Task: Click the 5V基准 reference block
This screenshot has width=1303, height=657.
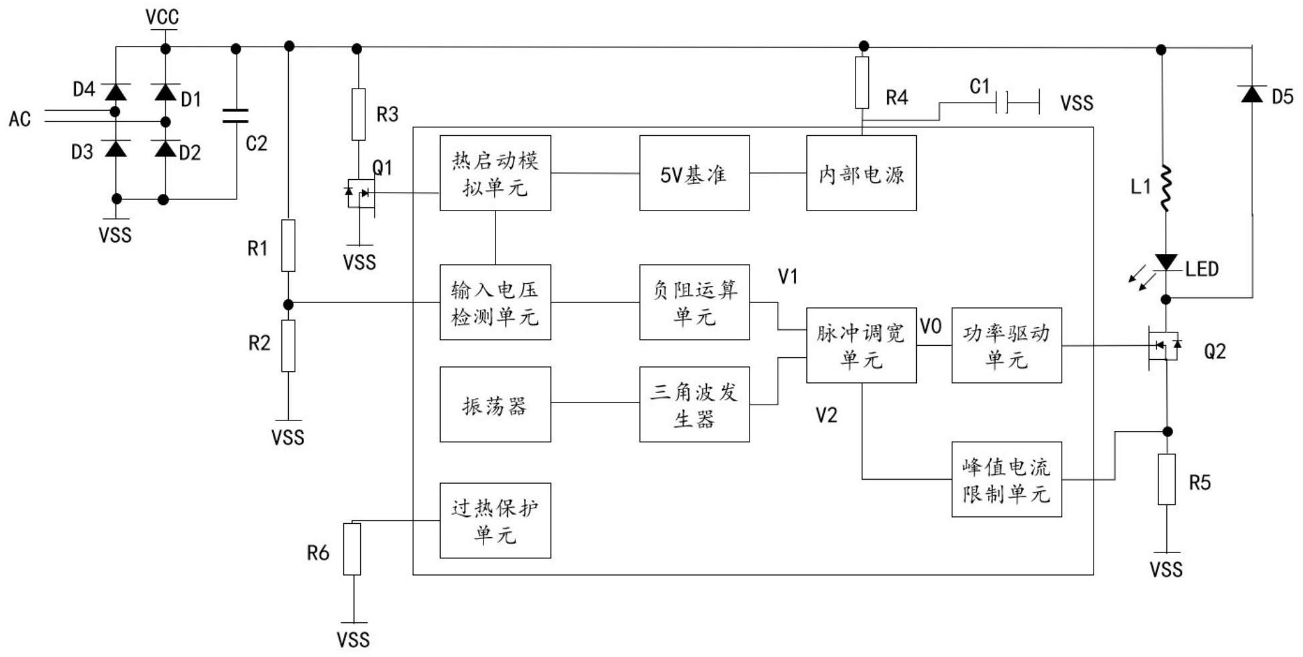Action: [694, 173]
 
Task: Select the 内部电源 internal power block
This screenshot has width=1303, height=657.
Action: [861, 173]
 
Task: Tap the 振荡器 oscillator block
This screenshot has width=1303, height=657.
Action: [495, 404]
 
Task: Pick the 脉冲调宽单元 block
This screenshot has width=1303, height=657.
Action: [861, 345]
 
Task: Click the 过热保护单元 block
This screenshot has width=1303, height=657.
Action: [495, 520]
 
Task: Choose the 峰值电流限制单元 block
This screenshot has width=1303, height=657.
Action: [1006, 479]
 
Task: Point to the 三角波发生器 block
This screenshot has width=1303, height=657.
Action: [694, 404]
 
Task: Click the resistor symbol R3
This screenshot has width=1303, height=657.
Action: [359, 114]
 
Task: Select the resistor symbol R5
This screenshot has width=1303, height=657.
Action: [1166, 479]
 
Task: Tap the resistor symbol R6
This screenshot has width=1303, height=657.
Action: [352, 549]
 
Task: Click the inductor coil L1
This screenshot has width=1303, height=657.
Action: [1166, 189]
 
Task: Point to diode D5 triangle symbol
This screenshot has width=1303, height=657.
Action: [1252, 94]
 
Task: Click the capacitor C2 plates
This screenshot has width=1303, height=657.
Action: [235, 117]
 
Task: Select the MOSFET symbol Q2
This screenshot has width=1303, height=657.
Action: [1164, 346]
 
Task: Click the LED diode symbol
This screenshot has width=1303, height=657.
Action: [1166, 262]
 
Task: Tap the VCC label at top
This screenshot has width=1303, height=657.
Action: [163, 17]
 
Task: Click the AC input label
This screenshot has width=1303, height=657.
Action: [20, 119]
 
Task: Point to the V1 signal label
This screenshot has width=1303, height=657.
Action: [788, 277]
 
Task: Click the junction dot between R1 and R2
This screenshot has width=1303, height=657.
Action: [288, 305]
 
